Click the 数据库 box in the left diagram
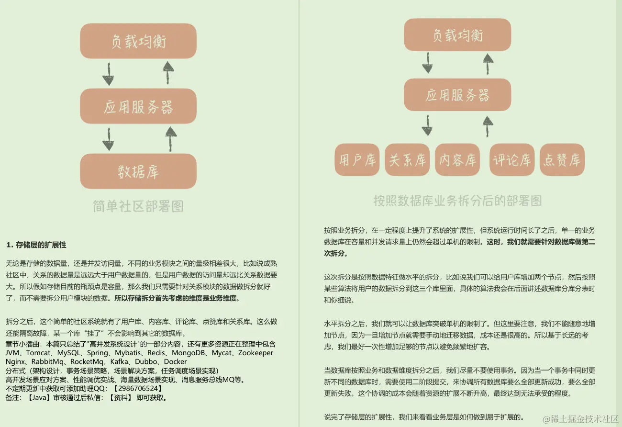click(x=138, y=171)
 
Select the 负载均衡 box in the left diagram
click(x=138, y=41)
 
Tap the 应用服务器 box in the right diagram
click(x=457, y=95)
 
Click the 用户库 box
click(x=357, y=160)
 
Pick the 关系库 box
click(x=407, y=160)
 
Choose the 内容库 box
click(x=458, y=160)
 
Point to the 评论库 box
click(x=512, y=160)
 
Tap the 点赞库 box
click(x=562, y=160)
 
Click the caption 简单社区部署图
click(x=138, y=206)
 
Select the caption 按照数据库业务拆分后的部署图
click(x=457, y=201)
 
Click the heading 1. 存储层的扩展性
click(x=36, y=245)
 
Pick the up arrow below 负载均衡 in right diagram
click(x=488, y=64)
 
